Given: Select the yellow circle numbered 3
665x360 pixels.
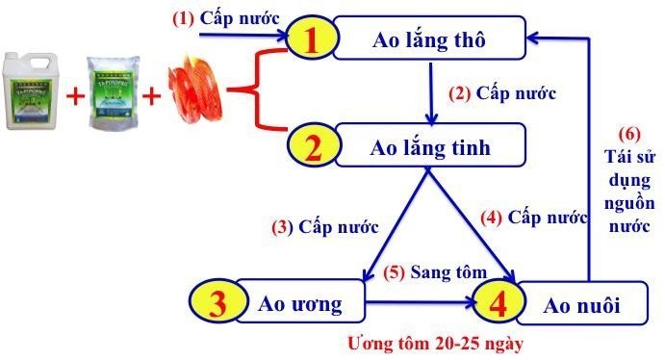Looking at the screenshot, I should click(218, 304).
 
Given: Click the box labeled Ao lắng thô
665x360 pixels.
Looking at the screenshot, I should click(429, 40).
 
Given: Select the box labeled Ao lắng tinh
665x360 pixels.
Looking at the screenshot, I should click(429, 149).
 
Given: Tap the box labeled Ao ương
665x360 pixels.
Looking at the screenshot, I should click(301, 305).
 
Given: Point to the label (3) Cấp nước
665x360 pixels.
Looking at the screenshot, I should click(323, 228).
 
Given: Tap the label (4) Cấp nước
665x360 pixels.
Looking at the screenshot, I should click(534, 218).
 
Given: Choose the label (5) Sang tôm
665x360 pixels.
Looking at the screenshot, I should click(434, 273).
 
